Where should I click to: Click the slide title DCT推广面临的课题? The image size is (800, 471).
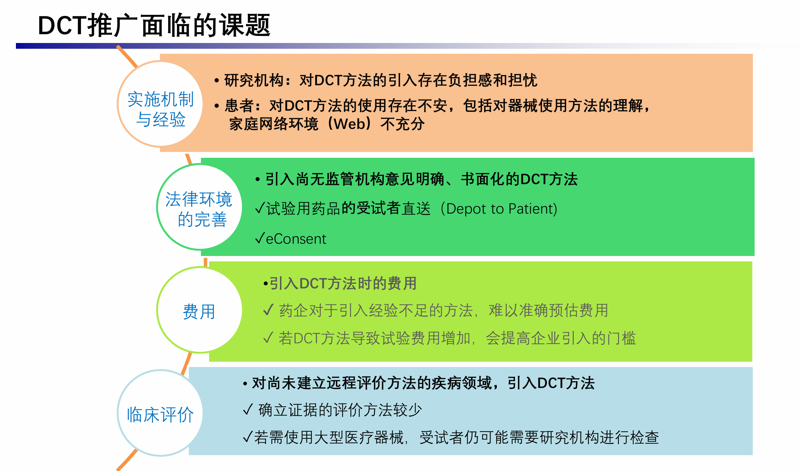tap(154, 25)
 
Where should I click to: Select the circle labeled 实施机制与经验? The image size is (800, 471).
tap(160, 104)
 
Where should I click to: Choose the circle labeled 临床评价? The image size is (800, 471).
tap(160, 413)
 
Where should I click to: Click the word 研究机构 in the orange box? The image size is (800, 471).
tap(254, 81)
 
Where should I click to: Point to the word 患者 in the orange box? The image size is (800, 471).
tap(239, 106)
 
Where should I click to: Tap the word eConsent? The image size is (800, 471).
tap(296, 239)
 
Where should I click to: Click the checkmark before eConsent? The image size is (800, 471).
tap(260, 238)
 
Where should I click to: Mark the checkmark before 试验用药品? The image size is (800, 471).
tap(260, 208)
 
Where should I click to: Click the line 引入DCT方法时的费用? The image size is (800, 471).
tap(340, 283)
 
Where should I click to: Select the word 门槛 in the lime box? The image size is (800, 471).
tap(621, 338)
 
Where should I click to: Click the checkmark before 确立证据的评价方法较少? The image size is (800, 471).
tap(248, 409)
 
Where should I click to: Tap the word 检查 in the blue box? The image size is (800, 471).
tap(644, 437)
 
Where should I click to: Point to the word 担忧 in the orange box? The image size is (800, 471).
tap(523, 81)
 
